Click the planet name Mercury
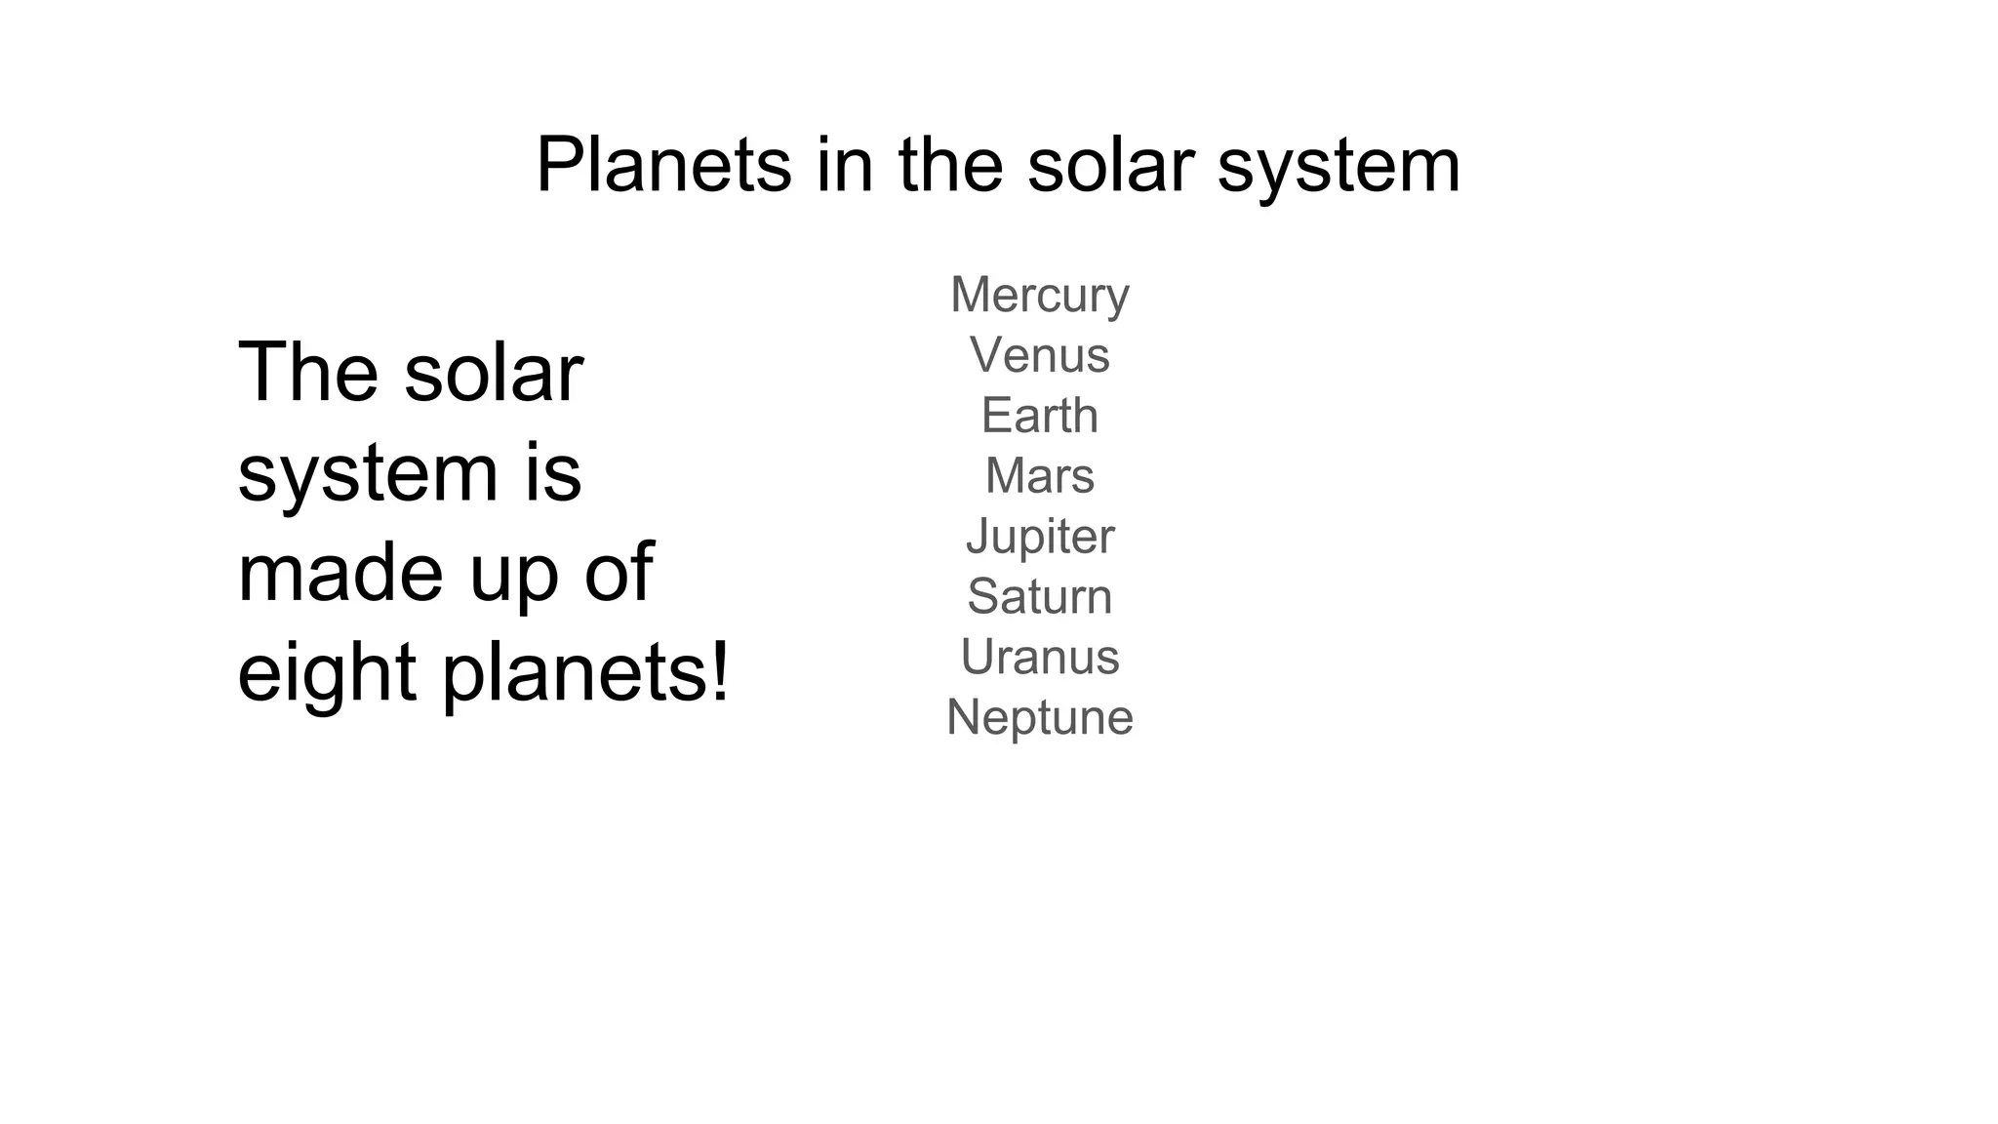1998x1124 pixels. pyautogui.click(x=1039, y=295)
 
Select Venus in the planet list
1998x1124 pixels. pyautogui.click(x=1039, y=355)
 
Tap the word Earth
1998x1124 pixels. pyautogui.click(x=1039, y=416)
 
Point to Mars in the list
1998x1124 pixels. pyautogui.click(x=1039, y=476)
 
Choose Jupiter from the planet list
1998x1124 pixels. pyautogui.click(x=1039, y=537)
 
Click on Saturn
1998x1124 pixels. pyautogui.click(x=1039, y=597)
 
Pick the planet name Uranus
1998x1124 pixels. pyautogui.click(x=1039, y=658)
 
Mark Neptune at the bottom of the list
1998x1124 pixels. pyautogui.click(x=1039, y=718)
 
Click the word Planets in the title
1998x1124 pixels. pyautogui.click(x=663, y=165)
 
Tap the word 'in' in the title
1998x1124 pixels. pyautogui.click(x=845, y=165)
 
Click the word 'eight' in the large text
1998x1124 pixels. pyautogui.click(x=328, y=673)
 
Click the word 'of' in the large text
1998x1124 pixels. pyautogui.click(x=619, y=573)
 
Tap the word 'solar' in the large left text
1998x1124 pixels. pyautogui.click(x=494, y=372)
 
